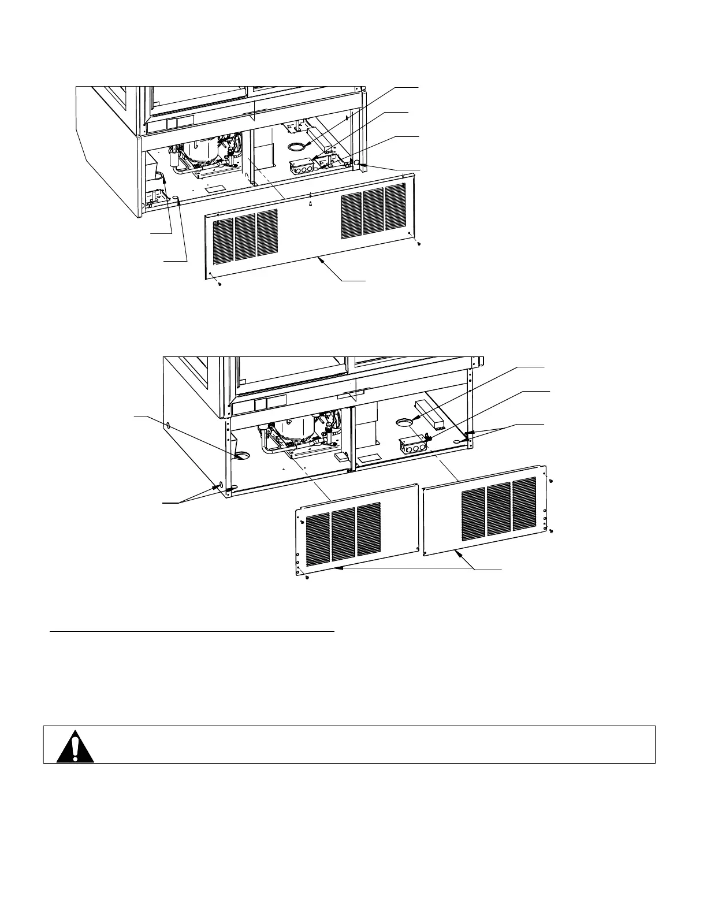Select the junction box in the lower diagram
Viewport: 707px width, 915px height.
412,445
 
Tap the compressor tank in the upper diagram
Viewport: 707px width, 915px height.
200,152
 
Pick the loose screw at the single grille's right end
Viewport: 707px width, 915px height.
419,243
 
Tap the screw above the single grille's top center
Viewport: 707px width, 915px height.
311,203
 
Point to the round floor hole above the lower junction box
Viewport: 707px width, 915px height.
405,423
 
